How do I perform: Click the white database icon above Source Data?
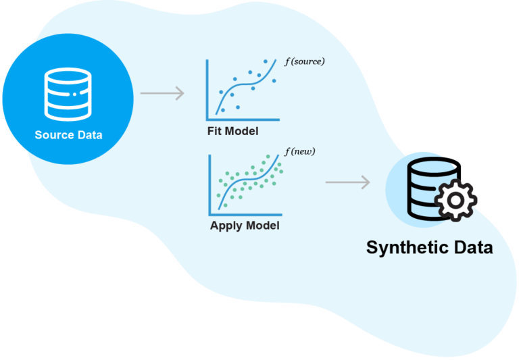pyautogui.click(x=68, y=91)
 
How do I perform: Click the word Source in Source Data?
pyautogui.click(x=53, y=135)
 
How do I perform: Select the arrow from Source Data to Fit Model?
pyautogui.click(x=162, y=94)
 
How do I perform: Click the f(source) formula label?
pyautogui.click(x=304, y=61)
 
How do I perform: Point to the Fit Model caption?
pyautogui.click(x=232, y=130)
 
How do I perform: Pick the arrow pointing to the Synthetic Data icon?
pyautogui.click(x=347, y=182)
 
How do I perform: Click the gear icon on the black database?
pyautogui.click(x=455, y=200)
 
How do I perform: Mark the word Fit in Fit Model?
pyautogui.click(x=216, y=130)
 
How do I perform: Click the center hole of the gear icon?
pyautogui.click(x=455, y=201)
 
